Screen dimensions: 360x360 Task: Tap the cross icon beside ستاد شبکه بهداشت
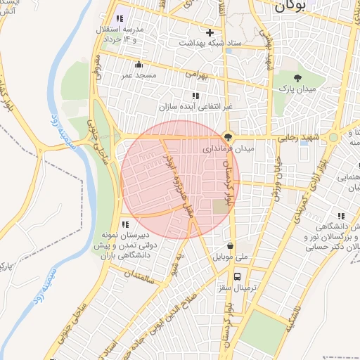pyautogui.click(x=209, y=32)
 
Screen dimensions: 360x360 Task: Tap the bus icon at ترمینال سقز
pyautogui.click(x=239, y=276)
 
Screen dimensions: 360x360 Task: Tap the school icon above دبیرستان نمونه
pyautogui.click(x=125, y=224)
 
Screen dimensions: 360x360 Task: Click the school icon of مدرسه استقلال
pyautogui.click(x=119, y=18)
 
